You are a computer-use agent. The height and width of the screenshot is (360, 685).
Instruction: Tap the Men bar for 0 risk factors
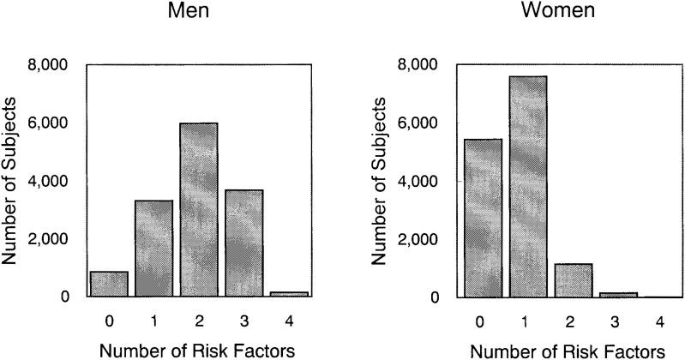point(108,284)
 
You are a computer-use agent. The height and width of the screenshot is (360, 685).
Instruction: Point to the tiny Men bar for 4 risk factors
point(289,294)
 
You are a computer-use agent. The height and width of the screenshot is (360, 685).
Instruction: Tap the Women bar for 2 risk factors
point(572,280)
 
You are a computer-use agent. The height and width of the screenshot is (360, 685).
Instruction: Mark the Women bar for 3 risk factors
point(619,295)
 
